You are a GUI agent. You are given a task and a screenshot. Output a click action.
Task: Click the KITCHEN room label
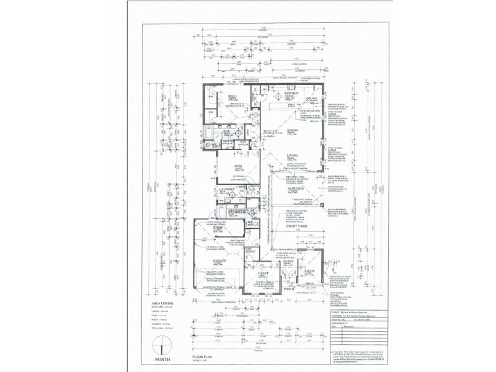(291, 94)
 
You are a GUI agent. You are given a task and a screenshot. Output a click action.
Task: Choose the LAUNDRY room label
(224, 192)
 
